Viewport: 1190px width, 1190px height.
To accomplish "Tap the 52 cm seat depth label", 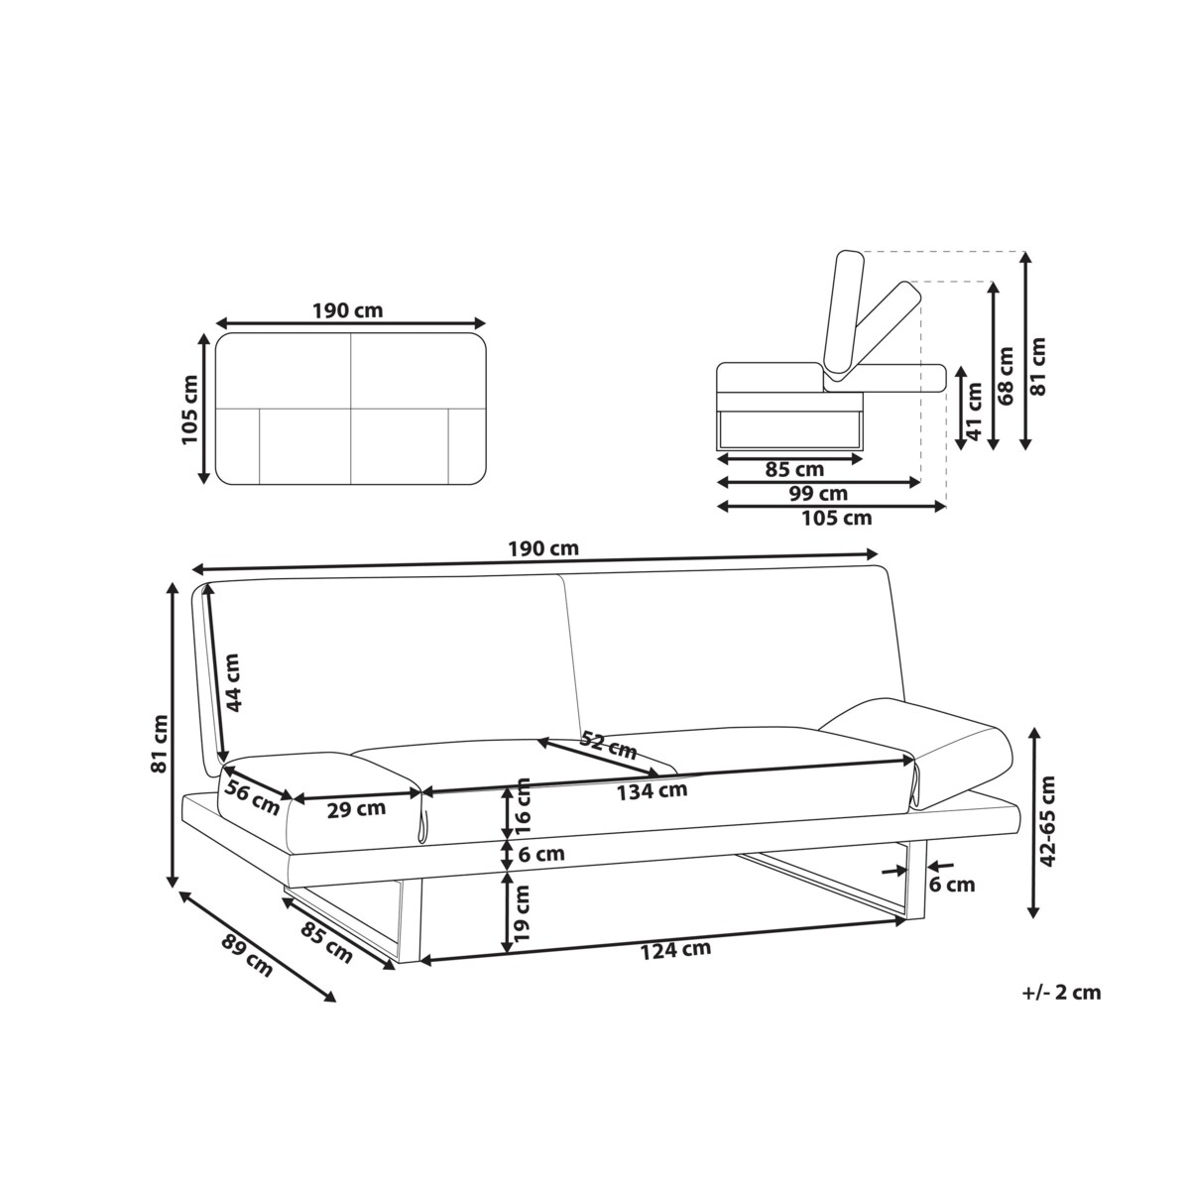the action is (x=609, y=745).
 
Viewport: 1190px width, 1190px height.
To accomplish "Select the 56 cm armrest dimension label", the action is (x=251, y=796).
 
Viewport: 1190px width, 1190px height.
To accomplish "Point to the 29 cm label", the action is (x=356, y=809).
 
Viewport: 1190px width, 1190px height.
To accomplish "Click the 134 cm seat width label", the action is (x=653, y=790).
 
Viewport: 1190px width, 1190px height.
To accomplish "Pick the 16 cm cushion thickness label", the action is (x=523, y=808).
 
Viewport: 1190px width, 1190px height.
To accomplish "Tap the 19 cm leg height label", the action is (x=523, y=913).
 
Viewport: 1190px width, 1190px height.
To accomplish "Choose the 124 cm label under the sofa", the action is (x=675, y=950).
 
